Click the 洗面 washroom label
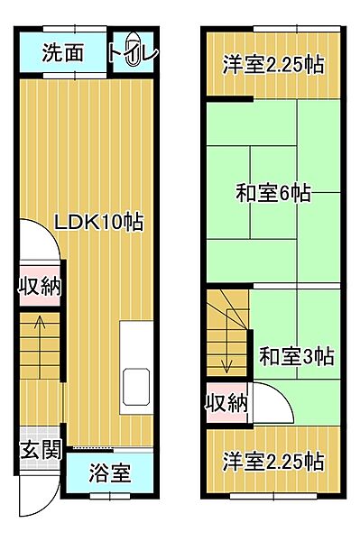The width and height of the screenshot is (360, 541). coord(63,53)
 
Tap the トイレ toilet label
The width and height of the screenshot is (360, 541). coord(133,53)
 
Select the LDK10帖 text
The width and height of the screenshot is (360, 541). coord(99,221)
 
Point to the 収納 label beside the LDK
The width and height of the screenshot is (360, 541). coord(40,288)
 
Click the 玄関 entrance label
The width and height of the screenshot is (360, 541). coord(38,448)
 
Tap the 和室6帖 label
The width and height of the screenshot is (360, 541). coord(273,193)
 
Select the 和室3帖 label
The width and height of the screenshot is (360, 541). coord(297,356)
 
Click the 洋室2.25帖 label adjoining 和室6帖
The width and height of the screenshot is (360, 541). coord(273,65)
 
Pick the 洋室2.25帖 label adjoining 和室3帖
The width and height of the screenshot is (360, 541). coord(273,461)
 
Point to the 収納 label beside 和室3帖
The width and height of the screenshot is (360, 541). coord(226,403)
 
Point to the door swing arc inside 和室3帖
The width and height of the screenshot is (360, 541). coord(272,404)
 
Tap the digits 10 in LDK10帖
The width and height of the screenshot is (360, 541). coord(114,221)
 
